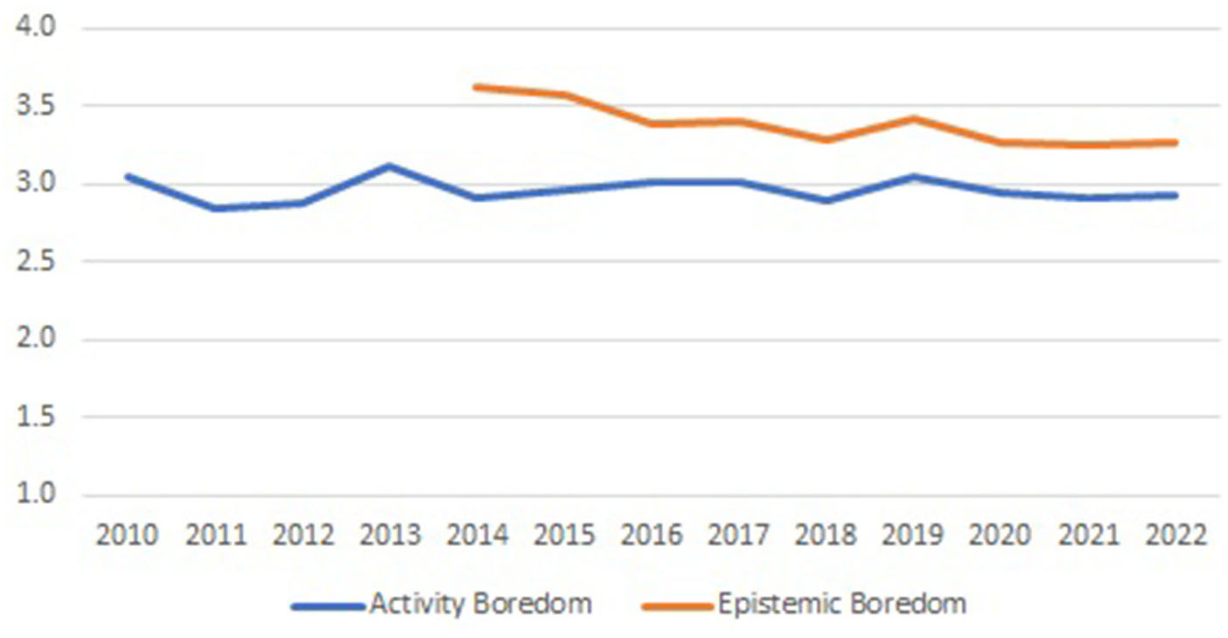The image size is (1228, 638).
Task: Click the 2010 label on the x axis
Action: (x=127, y=536)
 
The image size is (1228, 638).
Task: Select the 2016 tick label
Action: (x=652, y=536)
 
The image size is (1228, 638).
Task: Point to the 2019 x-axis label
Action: (x=914, y=536)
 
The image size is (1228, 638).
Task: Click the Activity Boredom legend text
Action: (x=480, y=604)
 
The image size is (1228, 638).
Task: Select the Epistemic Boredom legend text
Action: (x=841, y=604)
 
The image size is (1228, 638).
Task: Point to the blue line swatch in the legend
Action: (x=328, y=605)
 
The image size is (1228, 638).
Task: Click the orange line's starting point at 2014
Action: (x=475, y=87)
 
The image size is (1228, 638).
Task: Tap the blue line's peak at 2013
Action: (x=389, y=165)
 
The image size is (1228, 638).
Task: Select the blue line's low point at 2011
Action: (x=214, y=208)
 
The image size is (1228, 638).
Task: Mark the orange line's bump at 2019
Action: (x=914, y=118)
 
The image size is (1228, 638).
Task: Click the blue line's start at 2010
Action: (x=128, y=176)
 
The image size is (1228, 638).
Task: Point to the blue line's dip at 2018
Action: (x=827, y=200)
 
